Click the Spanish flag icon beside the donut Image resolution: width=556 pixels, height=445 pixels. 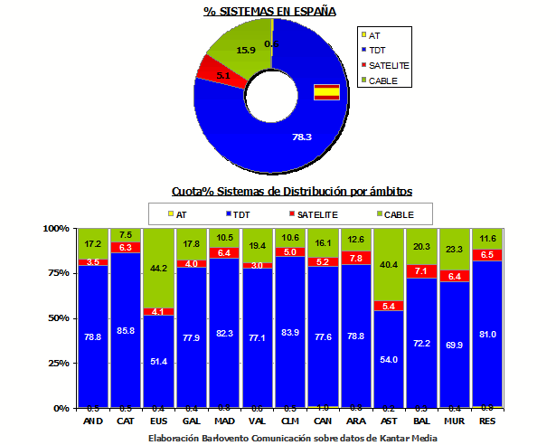pos(325,91)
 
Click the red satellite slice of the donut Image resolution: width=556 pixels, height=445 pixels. pos(214,70)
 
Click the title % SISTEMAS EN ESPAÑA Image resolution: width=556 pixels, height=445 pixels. pos(269,11)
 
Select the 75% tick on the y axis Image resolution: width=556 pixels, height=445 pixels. pos(57,273)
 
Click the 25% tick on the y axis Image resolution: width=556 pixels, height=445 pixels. pos(57,363)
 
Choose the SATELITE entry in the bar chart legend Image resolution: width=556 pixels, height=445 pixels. pos(316,214)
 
